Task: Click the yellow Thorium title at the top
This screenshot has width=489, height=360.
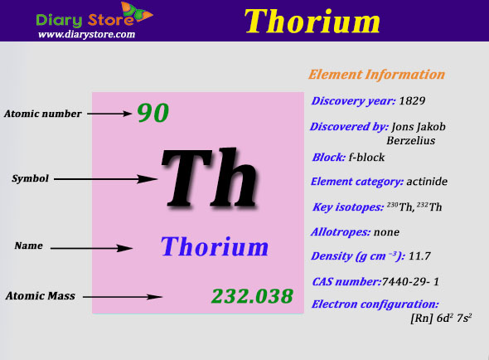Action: (x=312, y=21)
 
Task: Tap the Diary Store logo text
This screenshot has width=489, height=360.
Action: (x=85, y=20)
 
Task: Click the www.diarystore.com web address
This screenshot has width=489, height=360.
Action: (x=86, y=34)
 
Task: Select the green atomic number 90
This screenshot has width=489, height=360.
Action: (x=153, y=113)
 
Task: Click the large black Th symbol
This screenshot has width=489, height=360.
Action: (x=210, y=178)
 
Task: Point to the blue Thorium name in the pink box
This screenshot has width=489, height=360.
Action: (x=215, y=246)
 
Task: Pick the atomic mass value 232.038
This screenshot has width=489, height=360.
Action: (x=252, y=295)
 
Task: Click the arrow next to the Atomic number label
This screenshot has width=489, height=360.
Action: (x=109, y=114)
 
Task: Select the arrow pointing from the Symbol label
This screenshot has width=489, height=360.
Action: (x=105, y=179)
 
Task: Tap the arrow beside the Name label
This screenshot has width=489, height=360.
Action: (x=92, y=248)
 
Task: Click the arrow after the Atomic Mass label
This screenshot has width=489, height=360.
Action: (x=123, y=297)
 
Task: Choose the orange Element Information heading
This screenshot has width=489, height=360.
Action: (x=376, y=75)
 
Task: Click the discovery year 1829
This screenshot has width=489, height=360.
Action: (x=412, y=100)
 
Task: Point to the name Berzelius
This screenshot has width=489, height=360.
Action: (x=411, y=140)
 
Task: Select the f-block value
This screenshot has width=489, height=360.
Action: (x=366, y=157)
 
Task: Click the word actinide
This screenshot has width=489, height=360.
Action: (x=427, y=182)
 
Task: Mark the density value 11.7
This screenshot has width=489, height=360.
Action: (x=419, y=256)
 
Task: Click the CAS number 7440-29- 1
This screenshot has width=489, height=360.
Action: (x=410, y=282)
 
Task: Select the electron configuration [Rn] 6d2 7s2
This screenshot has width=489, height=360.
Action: (x=441, y=319)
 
